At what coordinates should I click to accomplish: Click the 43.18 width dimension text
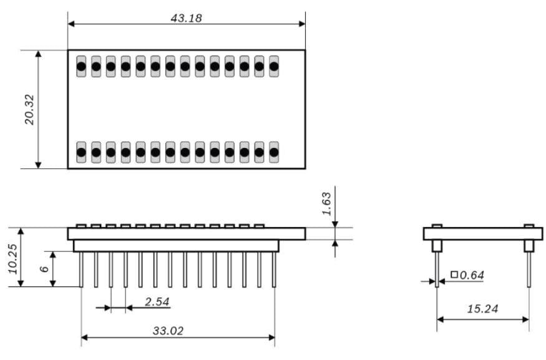coord(186,17)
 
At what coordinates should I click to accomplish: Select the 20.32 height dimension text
coord(29,110)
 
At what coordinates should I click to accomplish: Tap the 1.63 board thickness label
coord(326,203)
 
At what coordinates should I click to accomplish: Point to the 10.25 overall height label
coord(12,258)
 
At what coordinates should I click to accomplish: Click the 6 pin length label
coord(44,269)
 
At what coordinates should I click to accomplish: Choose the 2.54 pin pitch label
coord(156,302)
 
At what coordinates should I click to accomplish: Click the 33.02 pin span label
coord(168,331)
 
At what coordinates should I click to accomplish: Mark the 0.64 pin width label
coord(472,275)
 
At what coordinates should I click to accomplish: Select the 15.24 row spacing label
coord(482,309)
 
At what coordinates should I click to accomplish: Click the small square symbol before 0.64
coord(454,275)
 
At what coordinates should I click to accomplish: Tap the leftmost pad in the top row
coord(81,66)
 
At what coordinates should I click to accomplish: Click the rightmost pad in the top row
coord(273,66)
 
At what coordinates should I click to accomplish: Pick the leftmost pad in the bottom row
coord(81,152)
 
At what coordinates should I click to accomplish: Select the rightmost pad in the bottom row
coord(273,152)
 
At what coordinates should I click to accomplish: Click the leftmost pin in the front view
coord(81,270)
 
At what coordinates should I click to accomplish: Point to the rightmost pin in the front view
coord(274,270)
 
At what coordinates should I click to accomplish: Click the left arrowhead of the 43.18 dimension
coord(71,24)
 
